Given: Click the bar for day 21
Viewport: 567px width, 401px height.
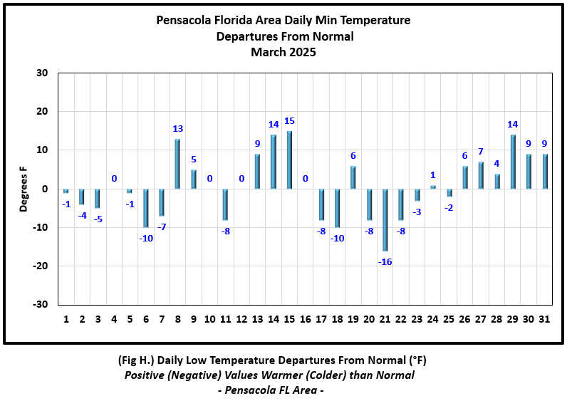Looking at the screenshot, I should coord(385,219).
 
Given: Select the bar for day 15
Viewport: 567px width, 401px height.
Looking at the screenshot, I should coord(288,160).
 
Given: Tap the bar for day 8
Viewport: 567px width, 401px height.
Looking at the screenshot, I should coord(177,164).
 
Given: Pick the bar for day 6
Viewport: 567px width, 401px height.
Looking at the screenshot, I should coord(145,208).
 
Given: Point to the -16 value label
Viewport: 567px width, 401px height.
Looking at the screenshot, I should coord(385,261).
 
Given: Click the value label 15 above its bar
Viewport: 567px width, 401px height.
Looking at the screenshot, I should coord(289,121).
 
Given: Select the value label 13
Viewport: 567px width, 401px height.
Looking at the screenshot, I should coord(178,129).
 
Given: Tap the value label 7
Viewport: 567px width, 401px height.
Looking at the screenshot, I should coord(481,152).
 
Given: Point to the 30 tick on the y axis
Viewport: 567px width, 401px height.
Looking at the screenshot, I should coord(42,73).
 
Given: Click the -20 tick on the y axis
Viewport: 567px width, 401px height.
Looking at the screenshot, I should coord(41,266).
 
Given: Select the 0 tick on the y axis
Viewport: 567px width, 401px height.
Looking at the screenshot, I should coord(45,189).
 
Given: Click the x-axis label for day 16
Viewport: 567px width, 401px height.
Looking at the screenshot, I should coord(305,319).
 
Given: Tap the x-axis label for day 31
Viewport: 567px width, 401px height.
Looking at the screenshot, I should coord(544,319).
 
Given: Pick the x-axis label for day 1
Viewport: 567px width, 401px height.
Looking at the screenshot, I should coord(66,319).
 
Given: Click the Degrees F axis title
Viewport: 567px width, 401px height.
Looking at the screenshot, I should coord(24,189).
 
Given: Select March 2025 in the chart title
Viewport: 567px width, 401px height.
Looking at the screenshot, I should coord(283,52).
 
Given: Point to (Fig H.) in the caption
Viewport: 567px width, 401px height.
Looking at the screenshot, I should coord(138,360).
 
